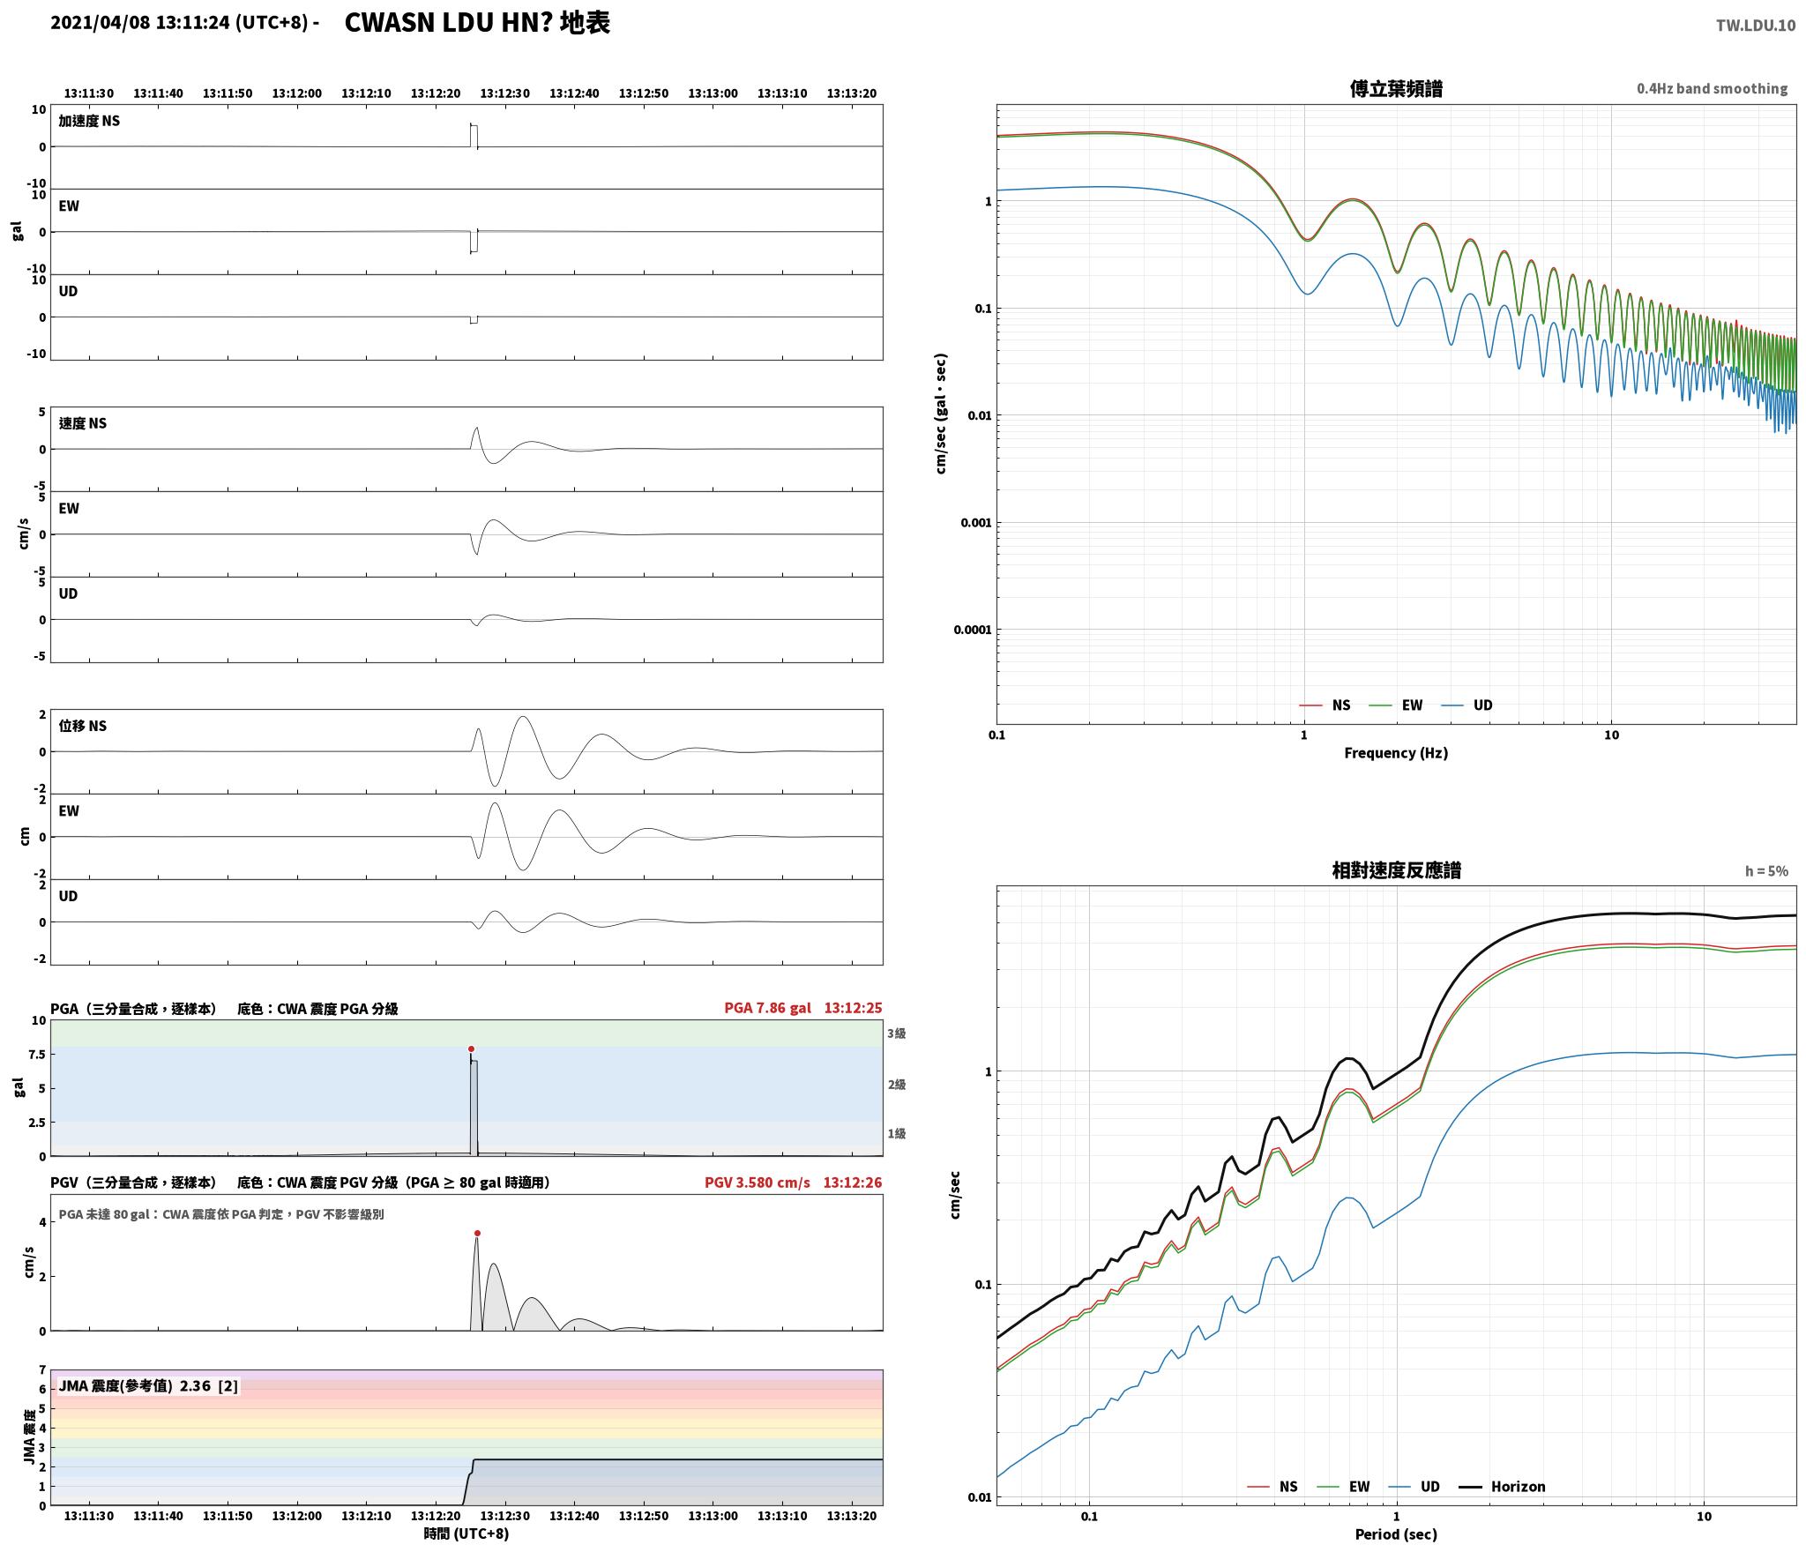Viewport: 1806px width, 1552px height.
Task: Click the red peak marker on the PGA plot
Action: [471, 1048]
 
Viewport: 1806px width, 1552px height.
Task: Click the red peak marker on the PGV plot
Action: [477, 1233]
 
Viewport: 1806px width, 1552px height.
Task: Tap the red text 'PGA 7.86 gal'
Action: [767, 1008]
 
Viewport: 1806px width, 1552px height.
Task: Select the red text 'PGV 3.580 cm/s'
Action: [757, 1183]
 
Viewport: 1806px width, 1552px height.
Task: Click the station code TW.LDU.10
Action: [1755, 25]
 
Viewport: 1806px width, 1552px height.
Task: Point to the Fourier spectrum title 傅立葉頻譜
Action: [1396, 89]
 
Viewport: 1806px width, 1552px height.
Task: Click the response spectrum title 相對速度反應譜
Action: [1396, 870]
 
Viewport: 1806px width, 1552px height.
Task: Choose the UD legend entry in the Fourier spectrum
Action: [1467, 705]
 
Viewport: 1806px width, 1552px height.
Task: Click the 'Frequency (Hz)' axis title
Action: [1396, 752]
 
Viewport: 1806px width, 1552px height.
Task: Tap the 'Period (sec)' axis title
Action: [1396, 1534]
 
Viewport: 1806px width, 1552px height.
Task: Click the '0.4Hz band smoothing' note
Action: [1712, 88]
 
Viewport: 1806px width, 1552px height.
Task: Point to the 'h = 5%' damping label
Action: [1766, 870]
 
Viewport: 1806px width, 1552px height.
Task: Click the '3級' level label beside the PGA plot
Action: [897, 1033]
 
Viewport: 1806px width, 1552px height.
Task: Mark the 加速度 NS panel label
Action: [89, 121]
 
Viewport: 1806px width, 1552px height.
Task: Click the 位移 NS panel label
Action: [83, 726]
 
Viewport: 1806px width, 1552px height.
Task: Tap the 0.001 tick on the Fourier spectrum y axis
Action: [975, 522]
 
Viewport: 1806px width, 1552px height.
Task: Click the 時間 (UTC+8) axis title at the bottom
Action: [466, 1533]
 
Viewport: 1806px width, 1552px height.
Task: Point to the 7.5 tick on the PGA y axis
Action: [36, 1055]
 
